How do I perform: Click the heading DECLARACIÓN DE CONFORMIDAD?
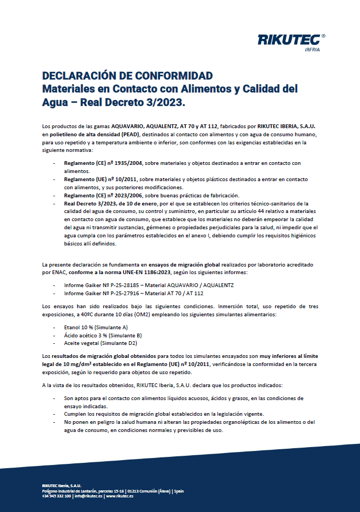click(x=127, y=75)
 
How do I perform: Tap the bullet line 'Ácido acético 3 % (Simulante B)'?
click(x=95, y=335)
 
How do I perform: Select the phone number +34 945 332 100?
click(x=56, y=496)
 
